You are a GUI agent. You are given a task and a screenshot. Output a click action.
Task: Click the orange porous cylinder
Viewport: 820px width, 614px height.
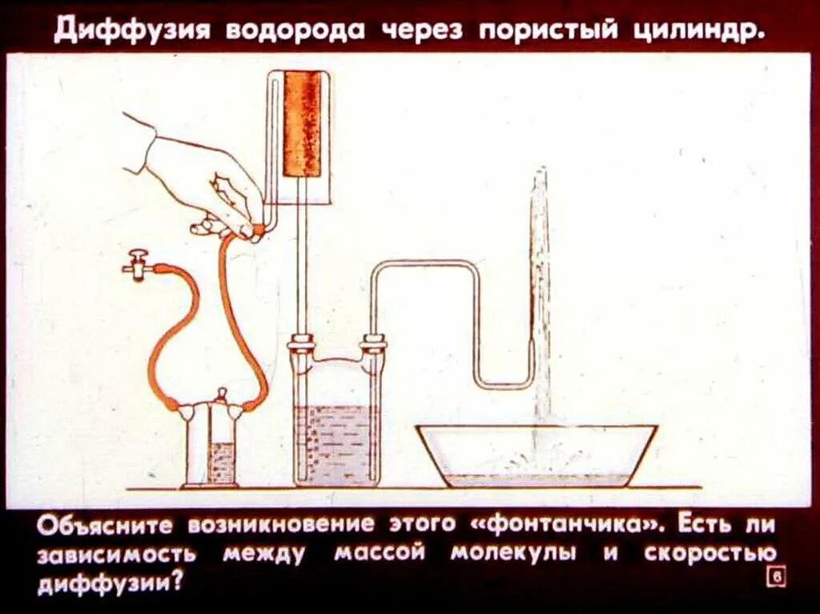(x=302, y=124)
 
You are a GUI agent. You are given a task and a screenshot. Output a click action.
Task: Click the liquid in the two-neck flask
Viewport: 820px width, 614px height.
(x=336, y=444)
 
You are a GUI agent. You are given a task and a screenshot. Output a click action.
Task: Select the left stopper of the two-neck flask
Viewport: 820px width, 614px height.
(x=301, y=346)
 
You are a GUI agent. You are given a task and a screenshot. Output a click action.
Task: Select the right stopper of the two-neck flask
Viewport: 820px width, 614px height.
(x=372, y=346)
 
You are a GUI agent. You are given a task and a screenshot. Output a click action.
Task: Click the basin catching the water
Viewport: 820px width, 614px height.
(x=537, y=456)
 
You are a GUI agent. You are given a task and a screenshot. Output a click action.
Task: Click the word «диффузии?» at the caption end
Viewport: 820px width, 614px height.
(x=109, y=582)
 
